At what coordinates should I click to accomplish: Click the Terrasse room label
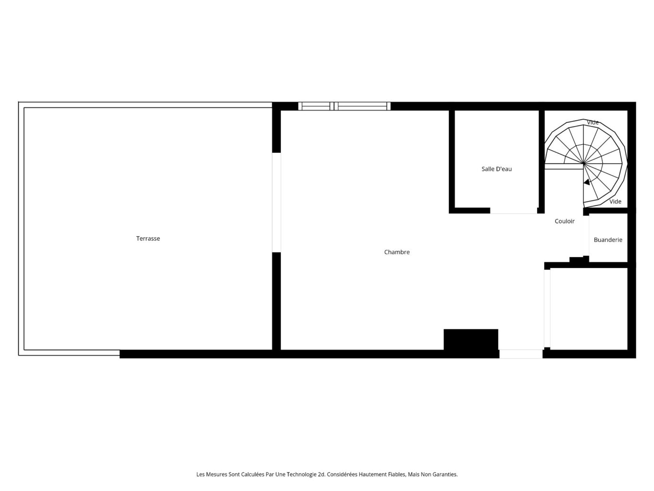tap(148, 238)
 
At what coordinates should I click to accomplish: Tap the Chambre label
tap(397, 252)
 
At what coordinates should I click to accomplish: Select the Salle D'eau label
tap(496, 169)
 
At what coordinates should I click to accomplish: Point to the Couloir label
tap(564, 221)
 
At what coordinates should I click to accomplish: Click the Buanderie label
tap(608, 240)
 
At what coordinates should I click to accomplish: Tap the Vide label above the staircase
tap(592, 123)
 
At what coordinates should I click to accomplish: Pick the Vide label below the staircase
tap(615, 202)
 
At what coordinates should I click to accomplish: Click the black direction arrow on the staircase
tap(587, 182)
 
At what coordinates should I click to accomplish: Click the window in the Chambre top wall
tap(344, 106)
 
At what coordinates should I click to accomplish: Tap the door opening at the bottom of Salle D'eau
tap(514, 211)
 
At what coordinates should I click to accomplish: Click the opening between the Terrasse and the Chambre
tap(276, 202)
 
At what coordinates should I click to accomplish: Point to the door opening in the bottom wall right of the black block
tap(521, 354)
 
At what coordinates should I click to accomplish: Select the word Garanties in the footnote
tap(444, 474)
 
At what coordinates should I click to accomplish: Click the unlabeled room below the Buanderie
tap(589, 309)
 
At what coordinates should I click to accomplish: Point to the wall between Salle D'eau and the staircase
tap(542, 160)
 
